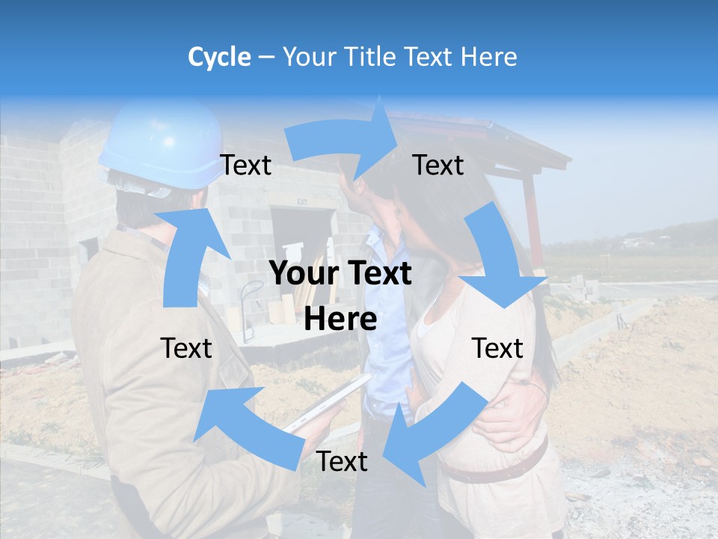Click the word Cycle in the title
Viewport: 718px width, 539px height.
pyautogui.click(x=219, y=57)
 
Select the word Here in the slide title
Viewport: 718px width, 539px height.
pyautogui.click(x=488, y=57)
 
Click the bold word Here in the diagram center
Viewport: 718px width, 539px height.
pyautogui.click(x=340, y=320)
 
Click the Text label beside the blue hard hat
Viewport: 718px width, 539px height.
pyautogui.click(x=246, y=165)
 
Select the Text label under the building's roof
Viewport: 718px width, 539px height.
pyautogui.click(x=438, y=165)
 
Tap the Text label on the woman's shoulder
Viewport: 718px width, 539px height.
pyautogui.click(x=497, y=348)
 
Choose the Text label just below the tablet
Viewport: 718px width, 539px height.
pyautogui.click(x=342, y=462)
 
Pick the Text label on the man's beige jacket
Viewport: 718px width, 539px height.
pyautogui.click(x=186, y=348)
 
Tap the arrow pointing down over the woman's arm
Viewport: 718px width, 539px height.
pyautogui.click(x=500, y=258)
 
